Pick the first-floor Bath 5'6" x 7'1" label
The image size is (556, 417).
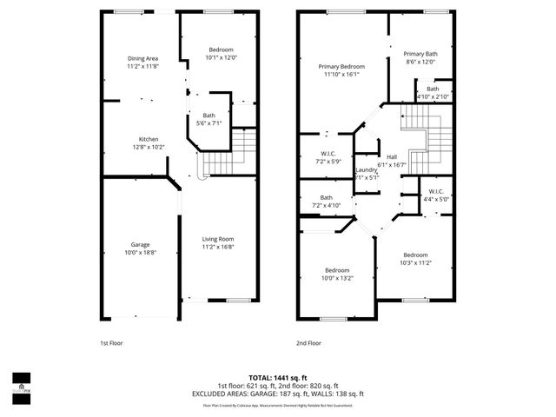(208, 116)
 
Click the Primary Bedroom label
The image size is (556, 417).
(341, 67)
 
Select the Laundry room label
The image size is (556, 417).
(366, 169)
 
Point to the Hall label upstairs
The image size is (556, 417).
(391, 156)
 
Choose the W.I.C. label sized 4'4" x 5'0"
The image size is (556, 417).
(435, 192)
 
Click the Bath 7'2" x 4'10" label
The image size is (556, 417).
(327, 198)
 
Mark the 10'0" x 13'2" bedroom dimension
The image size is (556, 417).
(337, 278)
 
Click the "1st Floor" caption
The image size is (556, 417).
(110, 343)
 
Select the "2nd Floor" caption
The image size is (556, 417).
(308, 343)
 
